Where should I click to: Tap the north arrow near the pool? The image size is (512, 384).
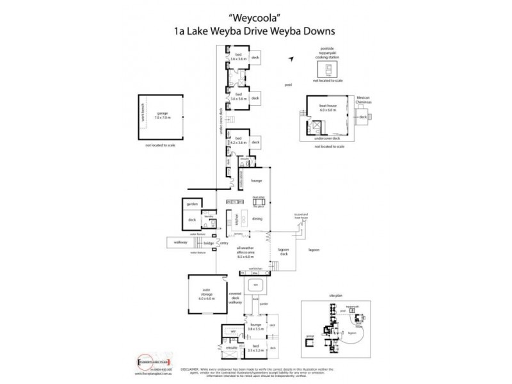[290, 59]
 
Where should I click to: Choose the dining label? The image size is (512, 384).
[257, 218]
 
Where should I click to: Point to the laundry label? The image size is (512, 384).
[208, 217]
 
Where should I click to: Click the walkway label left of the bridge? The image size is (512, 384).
[177, 242]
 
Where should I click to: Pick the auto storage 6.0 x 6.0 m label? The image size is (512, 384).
[206, 296]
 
